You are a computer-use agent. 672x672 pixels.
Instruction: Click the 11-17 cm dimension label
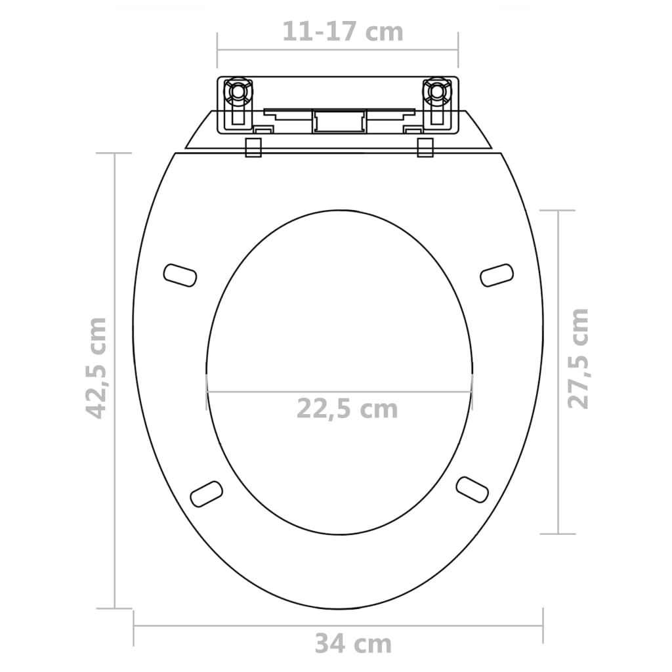[x=343, y=31]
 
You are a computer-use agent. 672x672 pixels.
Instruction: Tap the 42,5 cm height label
[x=97, y=367]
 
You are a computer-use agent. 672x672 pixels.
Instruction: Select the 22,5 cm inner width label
[x=347, y=408]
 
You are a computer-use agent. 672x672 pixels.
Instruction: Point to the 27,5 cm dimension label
[x=578, y=358]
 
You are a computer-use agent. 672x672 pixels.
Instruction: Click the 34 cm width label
[x=352, y=644]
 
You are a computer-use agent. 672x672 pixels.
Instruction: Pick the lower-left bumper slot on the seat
[x=206, y=493]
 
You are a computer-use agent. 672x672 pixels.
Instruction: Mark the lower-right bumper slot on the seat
[x=472, y=490]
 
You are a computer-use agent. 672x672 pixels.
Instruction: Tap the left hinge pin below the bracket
[x=253, y=147]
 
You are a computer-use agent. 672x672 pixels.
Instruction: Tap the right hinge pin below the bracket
[x=425, y=147]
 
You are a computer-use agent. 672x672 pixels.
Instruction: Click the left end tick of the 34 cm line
[x=134, y=626]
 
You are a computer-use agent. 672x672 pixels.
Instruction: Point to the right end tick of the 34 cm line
[x=543, y=626]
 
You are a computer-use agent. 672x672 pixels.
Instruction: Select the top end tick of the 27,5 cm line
[x=558, y=211]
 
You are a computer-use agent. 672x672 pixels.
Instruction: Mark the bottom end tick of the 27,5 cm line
[x=558, y=534]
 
